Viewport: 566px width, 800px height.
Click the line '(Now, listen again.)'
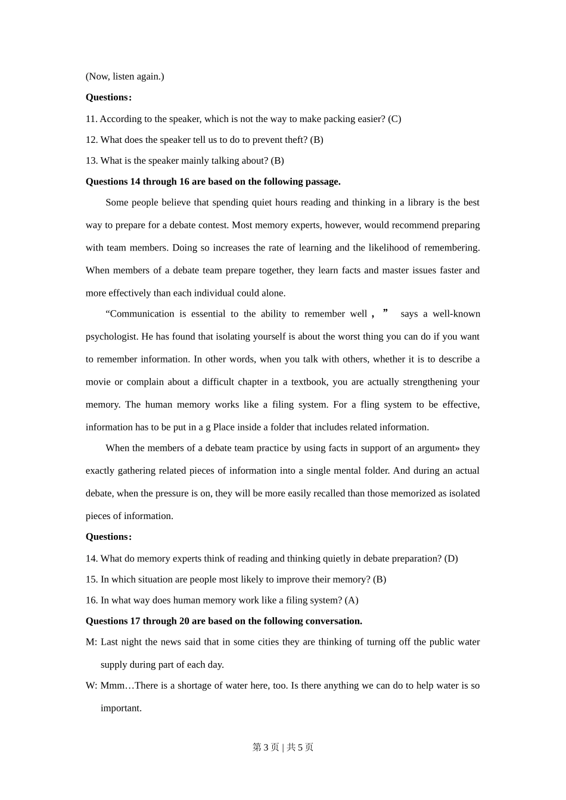coord(125,76)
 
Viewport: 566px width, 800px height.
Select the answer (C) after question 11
coord(394,119)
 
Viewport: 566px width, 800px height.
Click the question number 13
coord(91,161)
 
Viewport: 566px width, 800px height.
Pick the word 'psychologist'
coord(111,336)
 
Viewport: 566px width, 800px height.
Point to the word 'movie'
coord(98,382)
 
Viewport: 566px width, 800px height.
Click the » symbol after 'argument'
coord(457,448)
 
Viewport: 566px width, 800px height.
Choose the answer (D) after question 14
coord(451,558)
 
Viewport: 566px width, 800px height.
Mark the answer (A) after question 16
coord(352,600)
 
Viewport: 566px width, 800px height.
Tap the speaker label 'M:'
coord(91,642)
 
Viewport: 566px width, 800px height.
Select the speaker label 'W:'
coord(91,685)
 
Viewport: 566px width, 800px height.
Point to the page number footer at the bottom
coord(283,747)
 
